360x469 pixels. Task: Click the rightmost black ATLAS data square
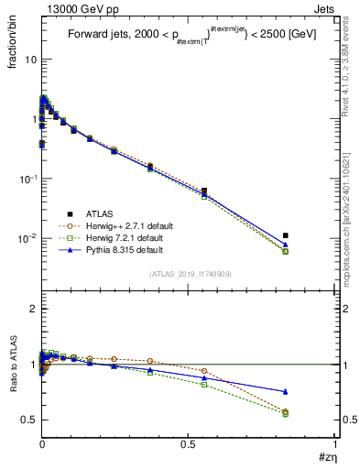click(286, 235)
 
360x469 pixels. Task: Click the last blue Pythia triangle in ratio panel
click(286, 392)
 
